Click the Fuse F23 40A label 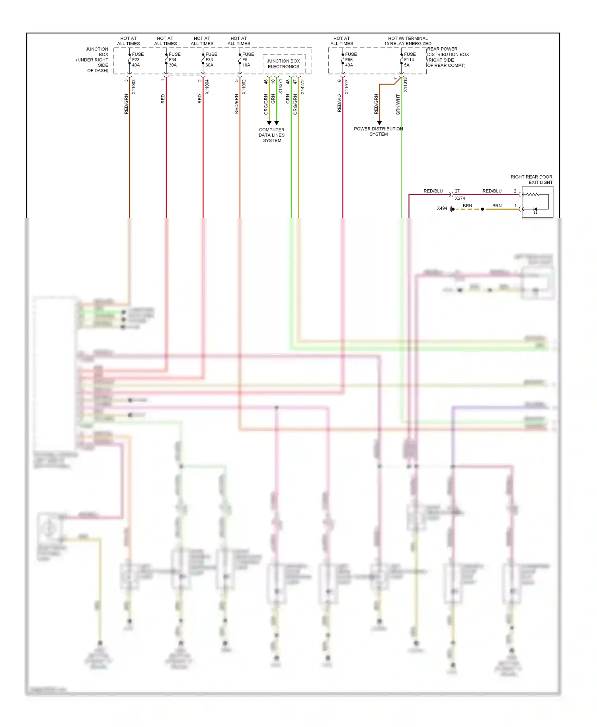(x=137, y=60)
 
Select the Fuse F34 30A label (x=174, y=60)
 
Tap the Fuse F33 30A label (x=211, y=60)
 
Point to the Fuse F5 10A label (x=248, y=60)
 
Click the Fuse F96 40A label (x=351, y=60)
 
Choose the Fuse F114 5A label (x=410, y=60)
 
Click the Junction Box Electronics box (x=284, y=64)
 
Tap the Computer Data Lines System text (x=272, y=135)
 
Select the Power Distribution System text (x=378, y=132)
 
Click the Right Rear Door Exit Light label (x=531, y=180)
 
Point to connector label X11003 (x=134, y=87)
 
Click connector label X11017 (x=347, y=87)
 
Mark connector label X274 (x=460, y=198)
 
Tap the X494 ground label (x=442, y=208)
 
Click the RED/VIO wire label (x=339, y=103)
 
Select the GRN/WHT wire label (x=398, y=105)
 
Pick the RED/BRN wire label (x=236, y=104)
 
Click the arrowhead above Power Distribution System (x=379, y=123)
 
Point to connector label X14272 (x=302, y=87)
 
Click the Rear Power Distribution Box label (x=447, y=57)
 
